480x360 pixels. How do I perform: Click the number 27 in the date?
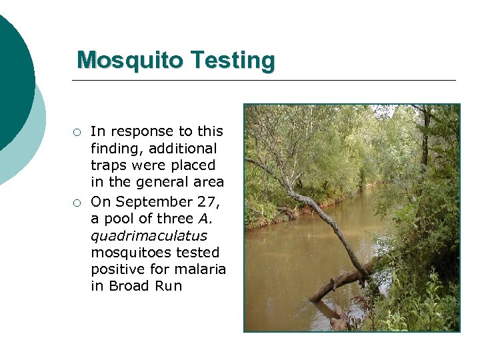pos(207,201)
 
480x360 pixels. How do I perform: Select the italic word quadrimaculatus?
pos(149,236)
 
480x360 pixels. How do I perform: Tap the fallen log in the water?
pos(340,280)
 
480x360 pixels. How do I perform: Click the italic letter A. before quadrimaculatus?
pos(204,219)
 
